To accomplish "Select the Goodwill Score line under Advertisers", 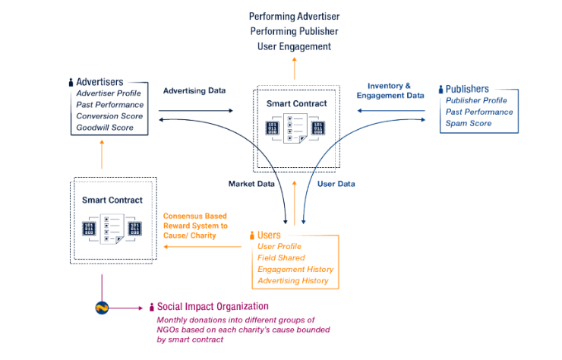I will tap(105, 128).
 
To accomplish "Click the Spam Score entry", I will tap(469, 123).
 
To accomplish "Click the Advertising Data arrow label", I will tap(194, 90).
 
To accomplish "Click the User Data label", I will tap(336, 184).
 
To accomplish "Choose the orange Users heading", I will tap(270, 235).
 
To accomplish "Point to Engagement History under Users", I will tap(295, 270).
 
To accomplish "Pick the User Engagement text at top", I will tap(293, 46).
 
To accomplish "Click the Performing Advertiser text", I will tap(293, 16).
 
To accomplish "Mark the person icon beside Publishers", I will tap(440, 90).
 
